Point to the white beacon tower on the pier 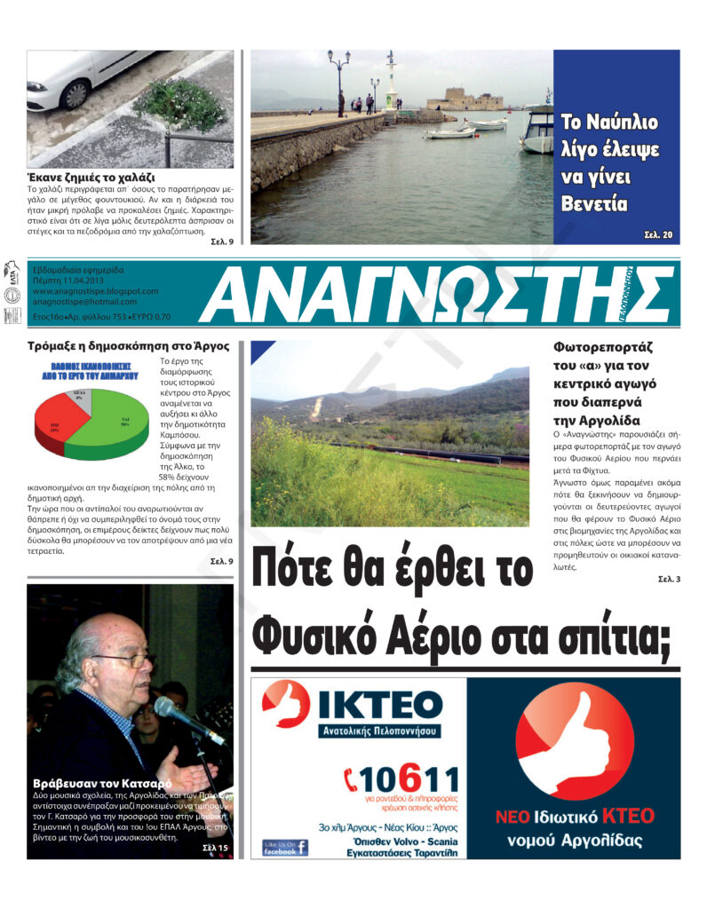(x=391, y=80)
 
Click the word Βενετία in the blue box (x=594, y=203)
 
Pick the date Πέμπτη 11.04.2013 (x=68, y=280)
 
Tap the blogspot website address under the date (x=94, y=290)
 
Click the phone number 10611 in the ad (x=410, y=782)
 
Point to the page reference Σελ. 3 (x=669, y=579)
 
